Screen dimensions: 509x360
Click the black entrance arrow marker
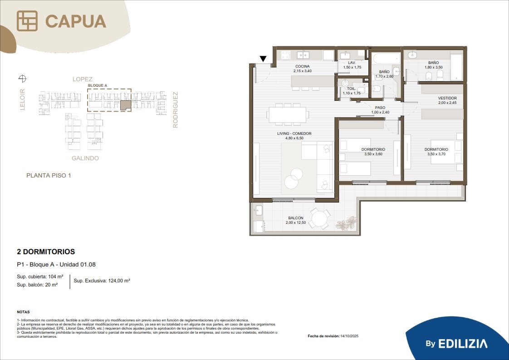[263, 59]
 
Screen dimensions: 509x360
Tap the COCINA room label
[303, 66]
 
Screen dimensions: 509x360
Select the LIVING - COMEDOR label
[294, 133]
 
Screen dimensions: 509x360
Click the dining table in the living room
[288, 114]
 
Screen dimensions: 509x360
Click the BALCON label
[296, 218]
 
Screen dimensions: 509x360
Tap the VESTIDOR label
[447, 98]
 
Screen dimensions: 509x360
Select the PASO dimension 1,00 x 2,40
[380, 113]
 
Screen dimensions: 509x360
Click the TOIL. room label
[351, 89]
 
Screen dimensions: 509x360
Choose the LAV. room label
[352, 62]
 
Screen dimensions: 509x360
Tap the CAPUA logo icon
[27, 21]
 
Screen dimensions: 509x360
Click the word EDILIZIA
[463, 344]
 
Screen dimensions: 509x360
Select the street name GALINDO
[85, 158]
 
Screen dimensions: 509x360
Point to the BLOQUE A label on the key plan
[98, 85]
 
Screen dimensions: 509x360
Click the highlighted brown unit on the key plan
[126, 105]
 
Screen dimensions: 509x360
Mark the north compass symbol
[22, 78]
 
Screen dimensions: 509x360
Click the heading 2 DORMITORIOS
[46, 252]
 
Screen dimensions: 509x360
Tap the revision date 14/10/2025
[349, 336]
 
